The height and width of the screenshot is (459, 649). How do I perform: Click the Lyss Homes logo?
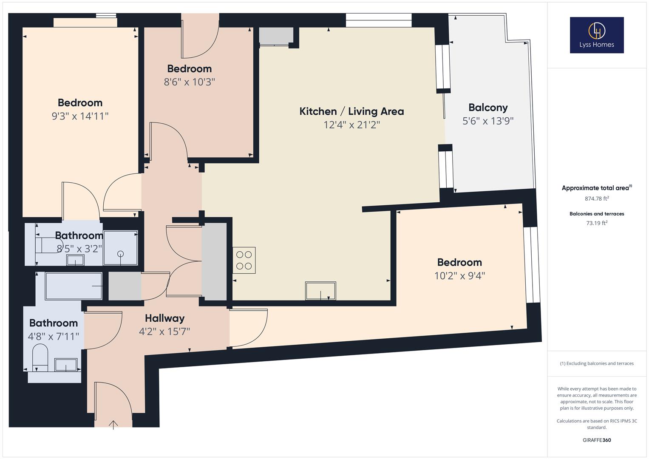tap(596, 35)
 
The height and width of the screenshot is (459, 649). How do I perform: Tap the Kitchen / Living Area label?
tap(351, 111)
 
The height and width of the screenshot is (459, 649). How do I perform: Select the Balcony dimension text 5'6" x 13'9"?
tap(488, 121)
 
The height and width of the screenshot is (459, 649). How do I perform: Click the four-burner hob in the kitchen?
tap(244, 260)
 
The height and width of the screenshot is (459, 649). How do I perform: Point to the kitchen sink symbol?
tap(320, 291)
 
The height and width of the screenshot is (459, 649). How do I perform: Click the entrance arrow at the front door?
tap(113, 425)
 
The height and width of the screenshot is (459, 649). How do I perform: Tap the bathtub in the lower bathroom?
tap(74, 286)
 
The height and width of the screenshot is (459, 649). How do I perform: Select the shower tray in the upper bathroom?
tap(121, 248)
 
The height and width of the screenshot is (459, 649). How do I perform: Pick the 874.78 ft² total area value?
tap(597, 198)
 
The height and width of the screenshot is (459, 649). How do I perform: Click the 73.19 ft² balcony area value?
tap(597, 223)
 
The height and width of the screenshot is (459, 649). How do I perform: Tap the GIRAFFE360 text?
tap(597, 440)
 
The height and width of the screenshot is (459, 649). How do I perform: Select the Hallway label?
tap(164, 318)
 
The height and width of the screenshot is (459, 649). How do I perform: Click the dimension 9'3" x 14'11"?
tap(80, 116)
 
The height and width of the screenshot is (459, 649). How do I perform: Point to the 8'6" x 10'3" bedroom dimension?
tap(190, 82)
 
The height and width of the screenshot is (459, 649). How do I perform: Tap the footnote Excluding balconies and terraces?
tap(597, 363)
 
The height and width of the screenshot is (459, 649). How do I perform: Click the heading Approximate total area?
tap(596, 188)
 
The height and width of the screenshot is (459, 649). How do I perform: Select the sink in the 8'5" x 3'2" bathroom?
tap(75, 261)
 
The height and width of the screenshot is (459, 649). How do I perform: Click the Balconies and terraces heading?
tap(597, 214)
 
